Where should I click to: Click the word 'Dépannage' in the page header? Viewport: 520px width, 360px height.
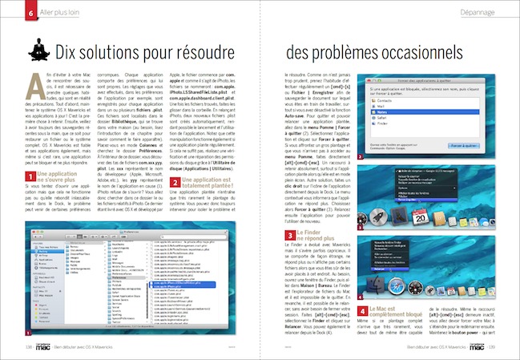point(489,14)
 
